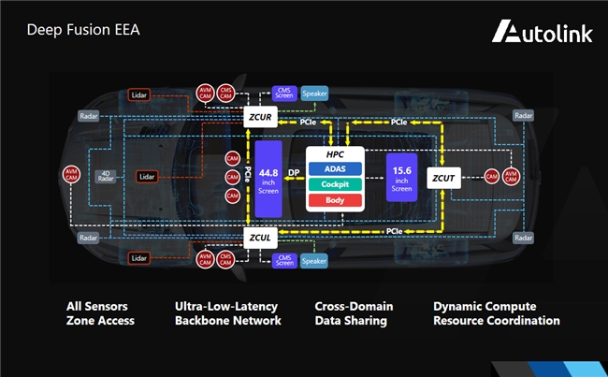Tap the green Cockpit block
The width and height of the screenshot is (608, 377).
click(335, 184)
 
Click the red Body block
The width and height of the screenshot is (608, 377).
click(335, 201)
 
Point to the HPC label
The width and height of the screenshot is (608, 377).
click(335, 153)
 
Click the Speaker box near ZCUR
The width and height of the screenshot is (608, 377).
click(313, 94)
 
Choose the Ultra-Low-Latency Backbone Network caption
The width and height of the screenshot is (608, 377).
click(227, 313)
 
